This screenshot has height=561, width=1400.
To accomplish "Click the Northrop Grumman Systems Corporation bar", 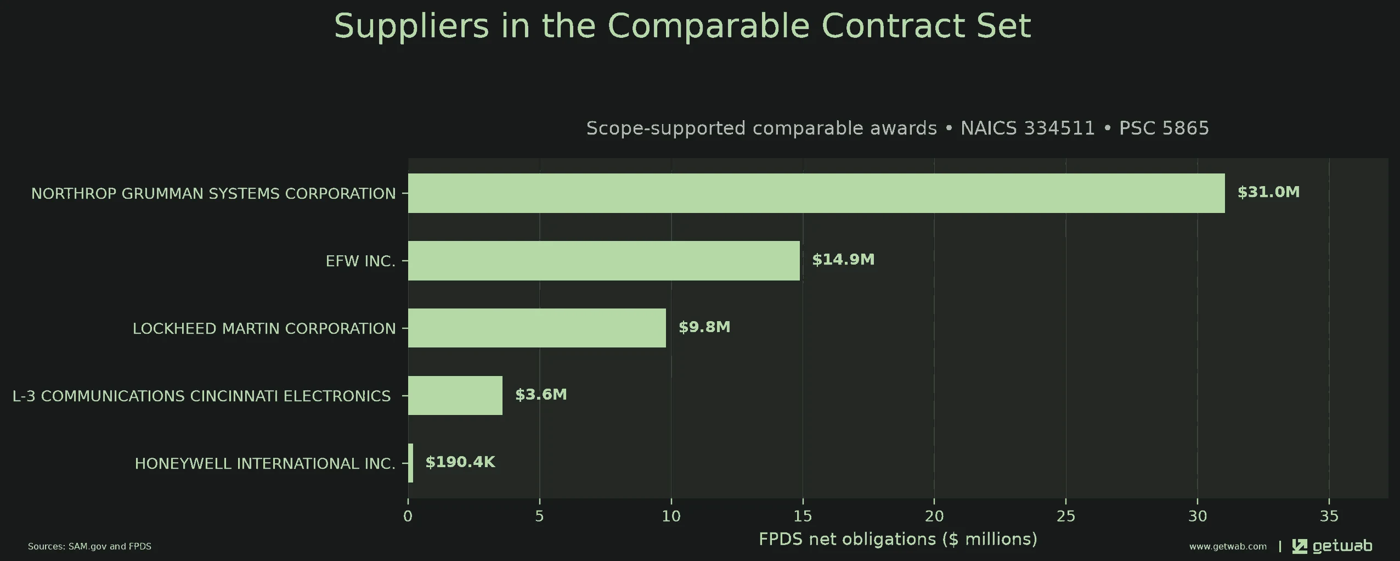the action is [816, 193].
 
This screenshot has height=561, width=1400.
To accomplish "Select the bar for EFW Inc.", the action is [604, 261].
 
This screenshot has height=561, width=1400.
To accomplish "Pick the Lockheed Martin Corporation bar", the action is [537, 328].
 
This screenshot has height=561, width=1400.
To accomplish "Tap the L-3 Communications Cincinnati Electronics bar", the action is [455, 395].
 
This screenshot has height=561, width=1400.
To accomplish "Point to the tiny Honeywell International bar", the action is [411, 463].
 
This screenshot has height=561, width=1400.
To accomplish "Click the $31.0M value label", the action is [1268, 192].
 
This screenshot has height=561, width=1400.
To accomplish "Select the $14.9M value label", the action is [843, 260].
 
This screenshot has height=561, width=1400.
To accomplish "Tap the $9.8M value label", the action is [704, 327].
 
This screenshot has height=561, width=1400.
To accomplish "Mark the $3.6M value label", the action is [541, 395].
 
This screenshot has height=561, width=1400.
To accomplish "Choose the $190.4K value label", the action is [460, 462].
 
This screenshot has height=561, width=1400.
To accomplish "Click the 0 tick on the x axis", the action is [408, 516].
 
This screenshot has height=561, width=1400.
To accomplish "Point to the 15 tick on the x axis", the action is [803, 516].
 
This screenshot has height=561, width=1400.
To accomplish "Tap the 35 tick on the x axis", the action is [1329, 516].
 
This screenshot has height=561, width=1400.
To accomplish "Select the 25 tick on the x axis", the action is [1066, 516].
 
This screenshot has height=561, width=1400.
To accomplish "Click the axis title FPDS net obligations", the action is [898, 539].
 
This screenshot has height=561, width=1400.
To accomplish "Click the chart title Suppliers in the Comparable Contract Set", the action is [682, 26].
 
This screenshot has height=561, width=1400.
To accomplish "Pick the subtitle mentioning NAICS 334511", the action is [897, 128].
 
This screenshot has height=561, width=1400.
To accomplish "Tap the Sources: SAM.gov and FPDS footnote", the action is [89, 546].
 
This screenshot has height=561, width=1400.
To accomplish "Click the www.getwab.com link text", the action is [1228, 546].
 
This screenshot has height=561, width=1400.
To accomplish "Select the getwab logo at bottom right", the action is [1332, 546].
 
